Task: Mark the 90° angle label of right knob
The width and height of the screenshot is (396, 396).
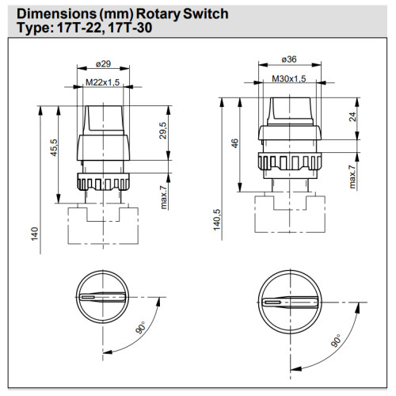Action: (335, 343)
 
